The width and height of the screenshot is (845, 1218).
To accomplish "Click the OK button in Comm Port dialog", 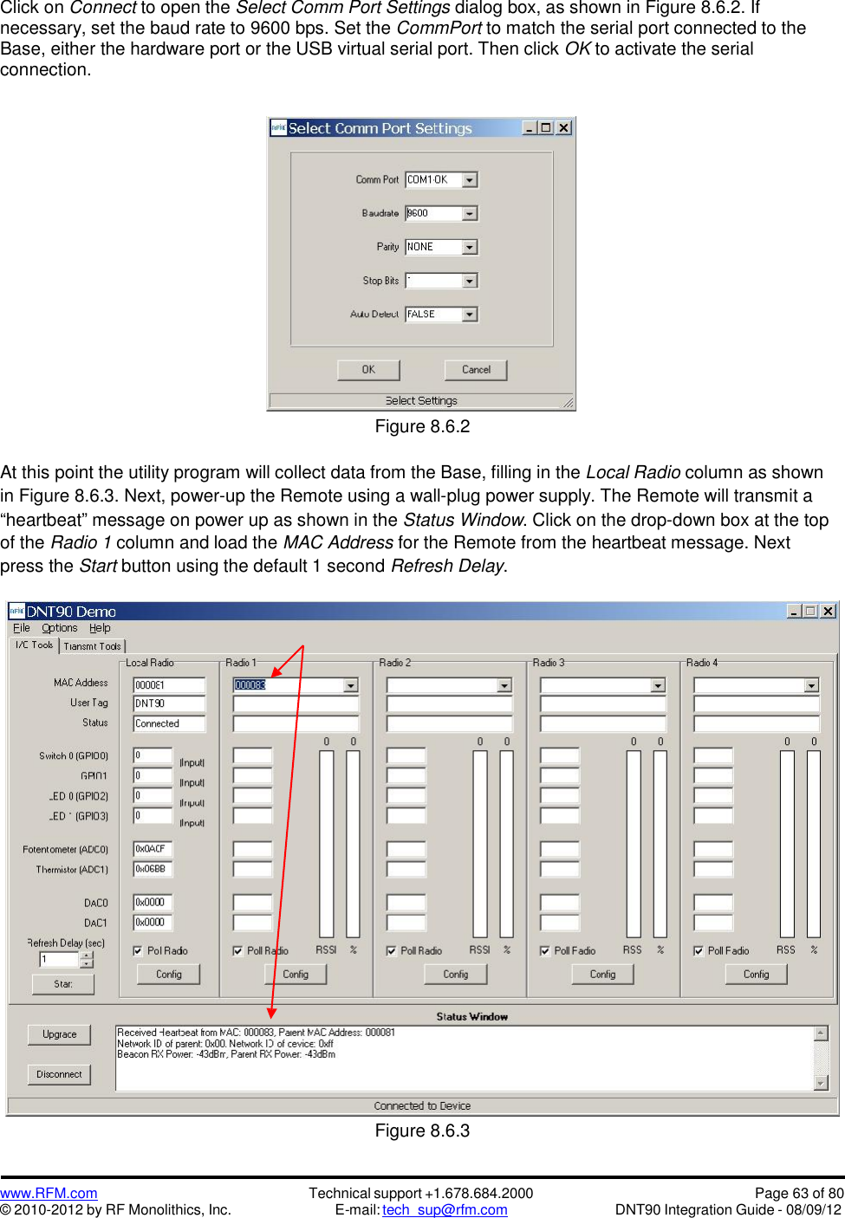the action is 368,370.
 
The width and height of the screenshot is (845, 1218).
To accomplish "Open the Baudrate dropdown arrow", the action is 470,213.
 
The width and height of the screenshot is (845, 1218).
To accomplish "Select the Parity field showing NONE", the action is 433,247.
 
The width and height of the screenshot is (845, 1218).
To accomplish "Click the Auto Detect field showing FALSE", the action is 433,314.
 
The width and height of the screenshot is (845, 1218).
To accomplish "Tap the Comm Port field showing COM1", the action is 433,180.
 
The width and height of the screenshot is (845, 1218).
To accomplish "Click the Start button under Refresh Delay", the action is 62,984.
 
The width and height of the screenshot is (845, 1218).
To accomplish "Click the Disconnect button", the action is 59,1074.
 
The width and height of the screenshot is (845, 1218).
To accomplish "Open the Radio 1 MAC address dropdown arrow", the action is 351,685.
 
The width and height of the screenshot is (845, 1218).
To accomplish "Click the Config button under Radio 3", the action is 602,975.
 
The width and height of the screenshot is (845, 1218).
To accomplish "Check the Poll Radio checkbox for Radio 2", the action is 392,951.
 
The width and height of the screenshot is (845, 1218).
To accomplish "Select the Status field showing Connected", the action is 169,723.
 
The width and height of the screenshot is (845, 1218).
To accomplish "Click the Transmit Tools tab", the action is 93,646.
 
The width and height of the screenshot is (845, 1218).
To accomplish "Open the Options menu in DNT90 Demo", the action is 59,628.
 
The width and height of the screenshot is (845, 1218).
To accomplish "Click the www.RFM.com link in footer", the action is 49,1194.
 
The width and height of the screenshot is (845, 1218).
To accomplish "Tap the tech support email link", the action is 445,1210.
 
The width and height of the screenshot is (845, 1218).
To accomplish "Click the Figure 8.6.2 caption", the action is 422,426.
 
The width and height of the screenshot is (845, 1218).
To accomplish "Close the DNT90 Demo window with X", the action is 828,611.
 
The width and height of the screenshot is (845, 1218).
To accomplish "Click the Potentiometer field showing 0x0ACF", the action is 153,849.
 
